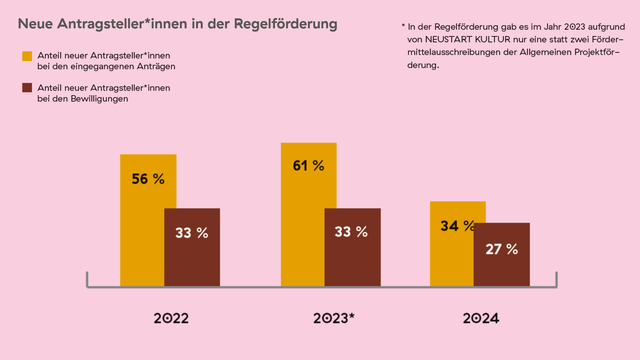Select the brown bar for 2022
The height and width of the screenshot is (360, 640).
point(192,257)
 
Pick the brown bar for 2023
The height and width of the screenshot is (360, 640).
point(352,257)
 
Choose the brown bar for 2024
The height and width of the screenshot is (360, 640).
point(501,267)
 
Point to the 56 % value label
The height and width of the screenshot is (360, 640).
point(148,179)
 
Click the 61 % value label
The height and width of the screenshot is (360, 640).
point(308,166)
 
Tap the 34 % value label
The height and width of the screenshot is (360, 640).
point(457,226)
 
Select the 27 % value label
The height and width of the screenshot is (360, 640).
point(502,249)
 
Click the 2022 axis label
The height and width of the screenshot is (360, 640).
point(171,318)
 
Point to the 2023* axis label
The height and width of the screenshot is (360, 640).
point(334,318)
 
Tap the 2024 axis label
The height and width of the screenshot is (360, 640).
point(481,318)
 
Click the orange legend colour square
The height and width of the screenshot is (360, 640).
point(27,56)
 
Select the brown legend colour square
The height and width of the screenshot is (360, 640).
point(27,88)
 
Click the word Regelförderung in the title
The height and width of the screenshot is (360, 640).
point(285,24)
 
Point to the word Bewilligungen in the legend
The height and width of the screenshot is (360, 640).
point(99,99)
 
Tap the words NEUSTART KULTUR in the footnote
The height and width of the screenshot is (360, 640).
point(467,39)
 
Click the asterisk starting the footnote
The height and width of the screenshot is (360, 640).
point(403,26)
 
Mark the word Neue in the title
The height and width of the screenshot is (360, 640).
point(35,24)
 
